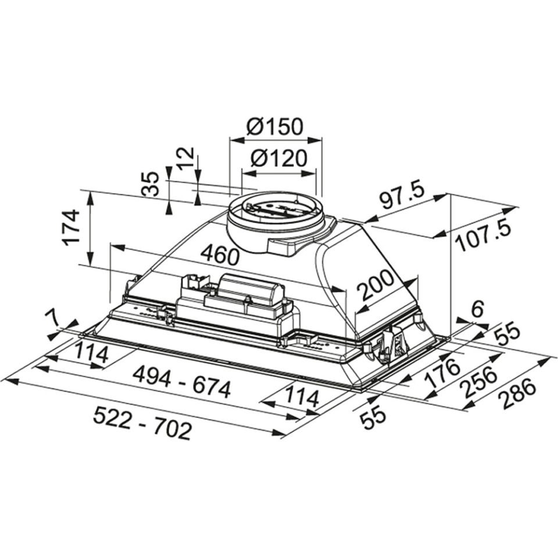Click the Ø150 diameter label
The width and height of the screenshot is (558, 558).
(274, 127)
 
